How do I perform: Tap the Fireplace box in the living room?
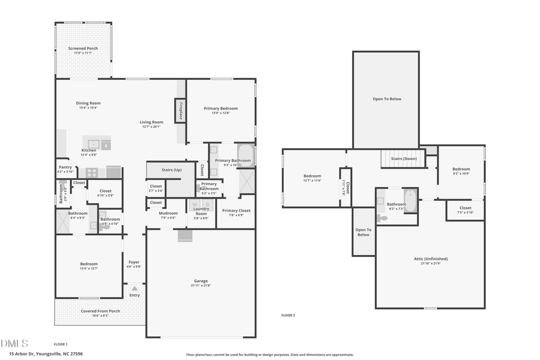[x=179, y=111]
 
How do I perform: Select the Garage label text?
[x=200, y=281]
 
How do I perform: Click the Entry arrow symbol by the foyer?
[x=134, y=289]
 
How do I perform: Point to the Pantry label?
[x=64, y=167]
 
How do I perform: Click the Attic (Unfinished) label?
[x=431, y=259]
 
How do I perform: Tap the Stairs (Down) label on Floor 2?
[x=404, y=158]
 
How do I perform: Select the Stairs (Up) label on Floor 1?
[x=172, y=170]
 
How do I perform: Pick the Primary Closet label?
[x=236, y=211]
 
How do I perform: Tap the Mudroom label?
[x=168, y=213]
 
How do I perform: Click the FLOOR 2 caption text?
[x=288, y=315]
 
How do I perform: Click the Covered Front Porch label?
[x=100, y=311]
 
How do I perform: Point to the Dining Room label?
[x=88, y=103]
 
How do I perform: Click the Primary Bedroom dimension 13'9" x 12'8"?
[x=221, y=113]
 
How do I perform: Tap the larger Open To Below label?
[x=386, y=98]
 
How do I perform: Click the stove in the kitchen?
[x=92, y=172]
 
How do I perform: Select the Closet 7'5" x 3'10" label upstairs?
[x=465, y=210]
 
